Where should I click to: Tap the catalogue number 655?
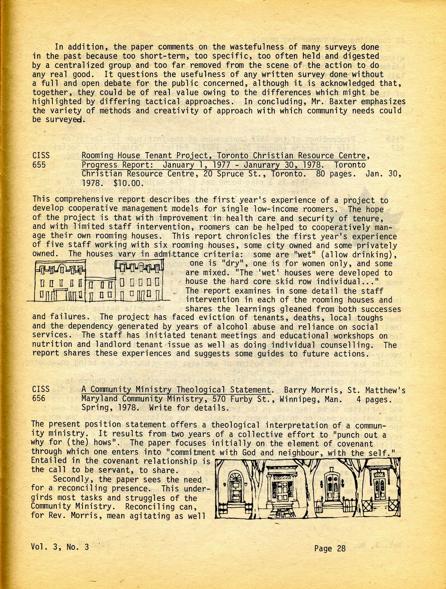[39, 165]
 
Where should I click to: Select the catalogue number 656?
[39, 398]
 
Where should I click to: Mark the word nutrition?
[50, 345]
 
